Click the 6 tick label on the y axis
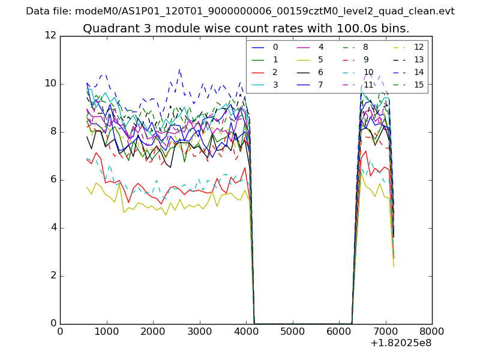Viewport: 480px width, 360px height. click(53, 180)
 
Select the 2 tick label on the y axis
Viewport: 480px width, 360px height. click(53, 276)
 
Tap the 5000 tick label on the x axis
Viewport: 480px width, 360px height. click(292, 331)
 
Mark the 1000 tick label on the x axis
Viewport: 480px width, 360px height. click(106, 331)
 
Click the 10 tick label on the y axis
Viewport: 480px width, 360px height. click(50, 84)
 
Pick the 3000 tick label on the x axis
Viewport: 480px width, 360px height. click(199, 331)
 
